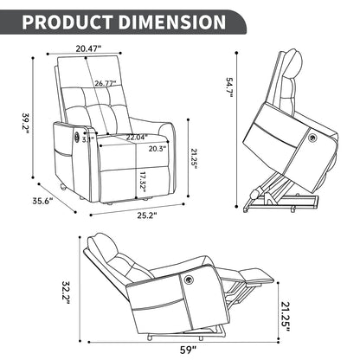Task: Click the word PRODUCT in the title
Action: click(x=72, y=22)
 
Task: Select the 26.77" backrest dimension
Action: click(x=106, y=84)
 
